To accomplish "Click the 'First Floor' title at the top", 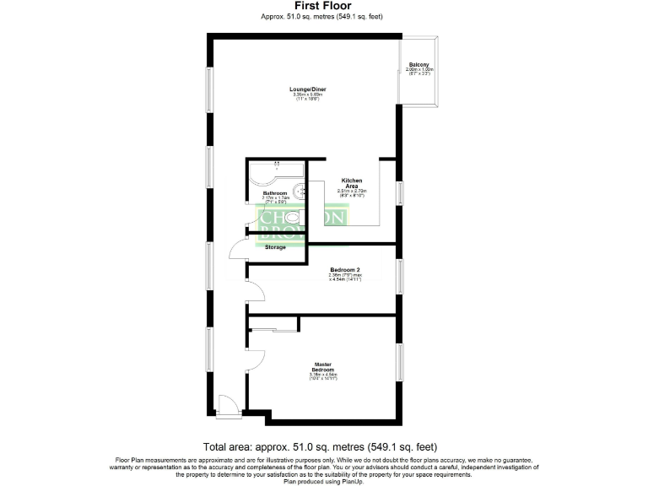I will point(323,6).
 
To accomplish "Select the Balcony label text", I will point(419,65).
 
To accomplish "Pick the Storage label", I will point(276,247).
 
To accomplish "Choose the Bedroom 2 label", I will point(345,269).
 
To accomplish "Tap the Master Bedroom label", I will point(323,368).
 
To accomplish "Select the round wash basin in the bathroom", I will point(299,192).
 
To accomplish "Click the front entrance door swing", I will point(225,405).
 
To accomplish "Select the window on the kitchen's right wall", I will point(401,192).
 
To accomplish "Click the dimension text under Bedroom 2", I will point(345,278).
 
